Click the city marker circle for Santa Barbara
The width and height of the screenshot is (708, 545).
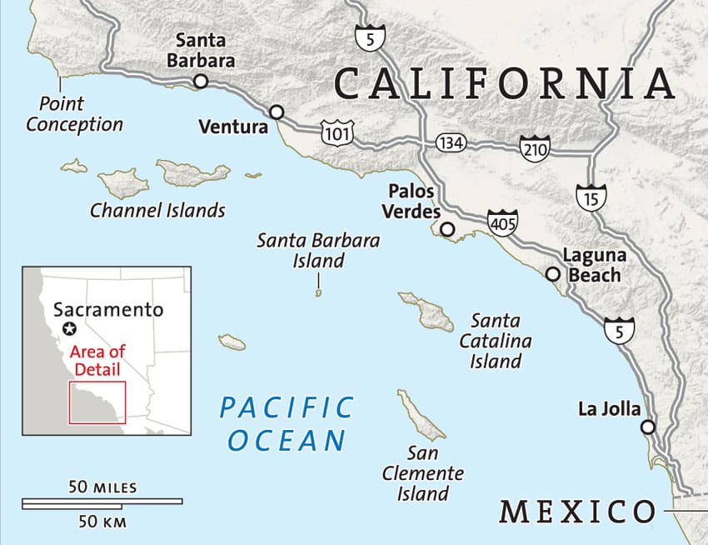pos(200,81)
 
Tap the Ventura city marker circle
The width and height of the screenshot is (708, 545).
pos(277,112)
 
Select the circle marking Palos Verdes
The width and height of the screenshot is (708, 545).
pos(448,229)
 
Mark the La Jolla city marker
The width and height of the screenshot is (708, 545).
pos(648,427)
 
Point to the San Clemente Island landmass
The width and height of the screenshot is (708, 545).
pos(420,413)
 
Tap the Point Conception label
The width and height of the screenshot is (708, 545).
pos(74,114)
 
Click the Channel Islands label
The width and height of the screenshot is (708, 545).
pos(157,210)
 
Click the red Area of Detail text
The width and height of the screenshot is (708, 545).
pos(97,360)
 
